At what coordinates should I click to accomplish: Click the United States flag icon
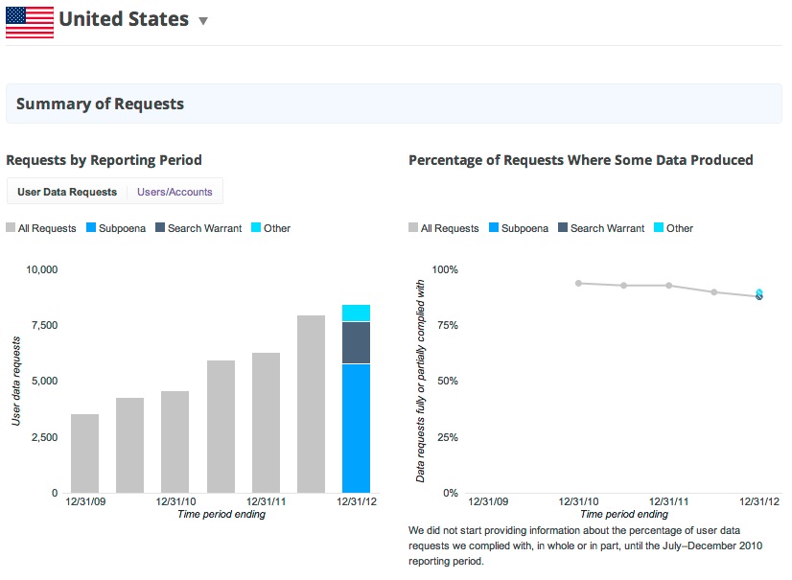coord(30,21)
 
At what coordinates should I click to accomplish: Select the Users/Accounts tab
coord(175,192)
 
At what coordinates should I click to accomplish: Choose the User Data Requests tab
coord(67,192)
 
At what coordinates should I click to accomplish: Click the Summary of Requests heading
coord(100,104)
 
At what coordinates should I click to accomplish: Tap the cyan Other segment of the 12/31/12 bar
coord(356,313)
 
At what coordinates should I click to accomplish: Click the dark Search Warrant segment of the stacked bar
coord(356,342)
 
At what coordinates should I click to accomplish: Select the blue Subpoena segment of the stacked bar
coord(356,428)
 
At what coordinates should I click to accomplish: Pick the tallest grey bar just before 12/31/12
coord(311,404)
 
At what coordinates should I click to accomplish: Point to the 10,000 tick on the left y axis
coord(39,269)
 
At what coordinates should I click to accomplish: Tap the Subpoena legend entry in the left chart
coord(116,228)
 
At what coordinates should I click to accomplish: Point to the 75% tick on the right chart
coord(444,325)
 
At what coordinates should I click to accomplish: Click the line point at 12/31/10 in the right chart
coord(578,283)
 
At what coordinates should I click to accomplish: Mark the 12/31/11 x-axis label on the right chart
coord(668,501)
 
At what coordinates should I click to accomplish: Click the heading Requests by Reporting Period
coord(104,160)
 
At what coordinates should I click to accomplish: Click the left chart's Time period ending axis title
coord(221,514)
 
